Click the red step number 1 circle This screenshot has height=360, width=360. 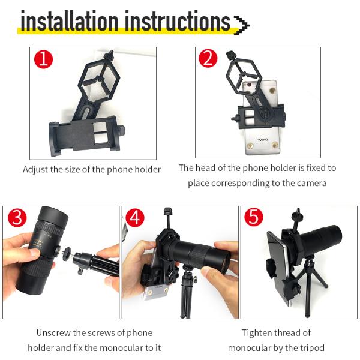click(43, 59)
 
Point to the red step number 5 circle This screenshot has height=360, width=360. click(254, 218)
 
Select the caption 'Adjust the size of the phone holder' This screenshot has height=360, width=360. click(92, 169)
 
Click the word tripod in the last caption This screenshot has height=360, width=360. click(312, 348)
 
